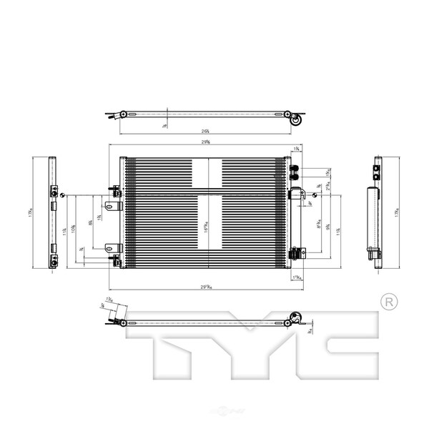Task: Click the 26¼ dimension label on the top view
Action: (206, 131)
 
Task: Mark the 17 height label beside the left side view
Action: (30, 213)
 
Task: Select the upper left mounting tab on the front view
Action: (111, 207)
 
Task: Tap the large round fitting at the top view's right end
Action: (295, 122)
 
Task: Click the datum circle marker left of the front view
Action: (63, 195)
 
